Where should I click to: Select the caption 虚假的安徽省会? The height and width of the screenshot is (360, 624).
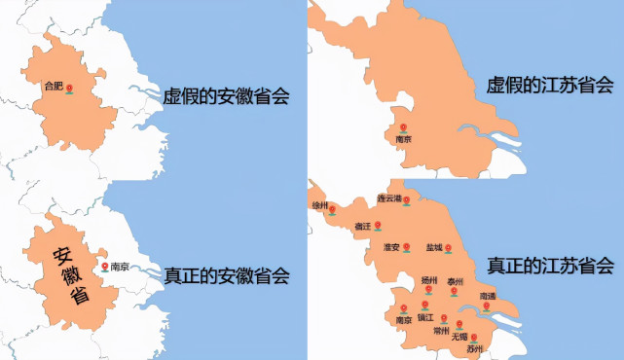227,95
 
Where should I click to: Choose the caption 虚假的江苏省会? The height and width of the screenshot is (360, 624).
550,86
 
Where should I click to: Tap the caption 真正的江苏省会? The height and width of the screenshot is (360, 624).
550,265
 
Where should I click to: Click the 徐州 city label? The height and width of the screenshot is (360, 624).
320,205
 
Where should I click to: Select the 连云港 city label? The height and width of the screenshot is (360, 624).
389,198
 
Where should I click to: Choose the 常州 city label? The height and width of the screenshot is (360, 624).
441,330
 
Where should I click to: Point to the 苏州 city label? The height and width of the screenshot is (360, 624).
475,347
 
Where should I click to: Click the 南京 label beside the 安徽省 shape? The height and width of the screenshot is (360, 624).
120,266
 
